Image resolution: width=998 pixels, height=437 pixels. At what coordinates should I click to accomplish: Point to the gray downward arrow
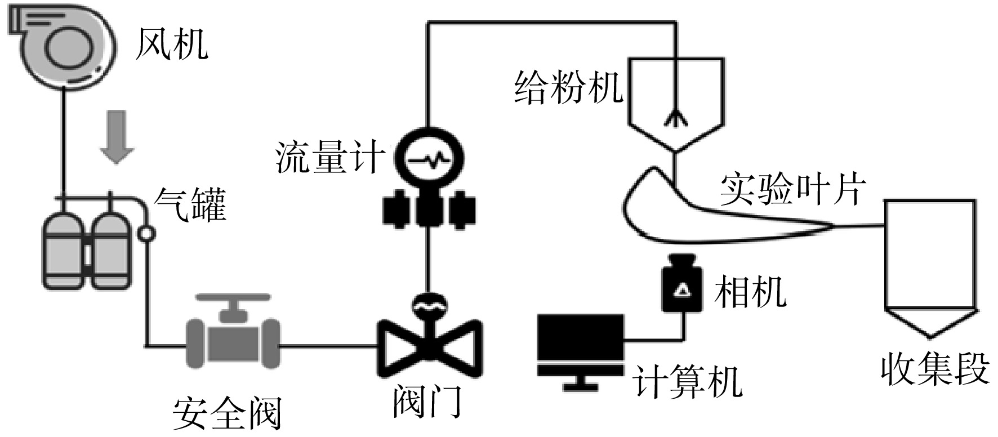(x=117, y=137)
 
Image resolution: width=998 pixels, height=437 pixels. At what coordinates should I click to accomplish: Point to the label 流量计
(x=330, y=157)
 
